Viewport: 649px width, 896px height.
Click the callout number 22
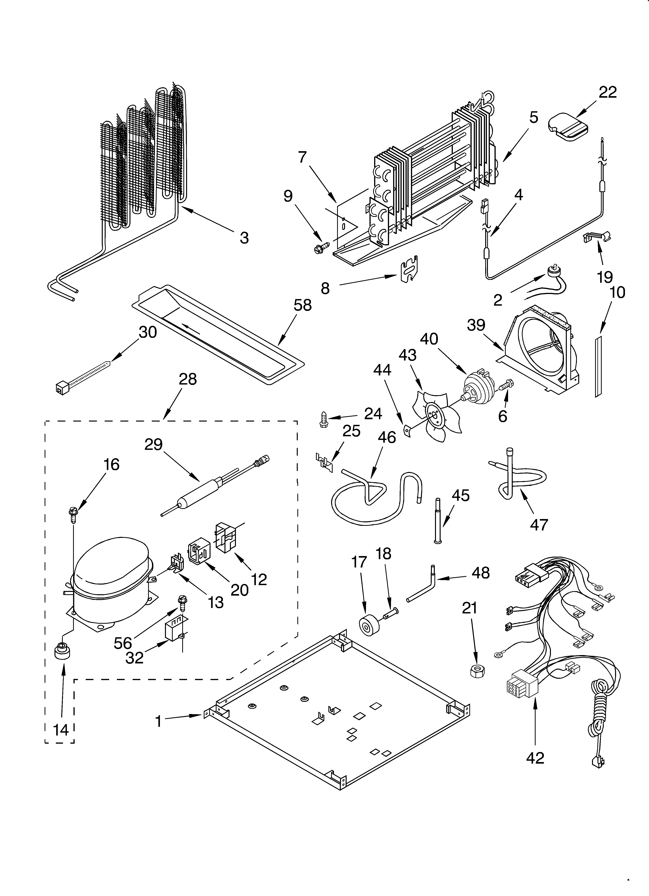point(608,92)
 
